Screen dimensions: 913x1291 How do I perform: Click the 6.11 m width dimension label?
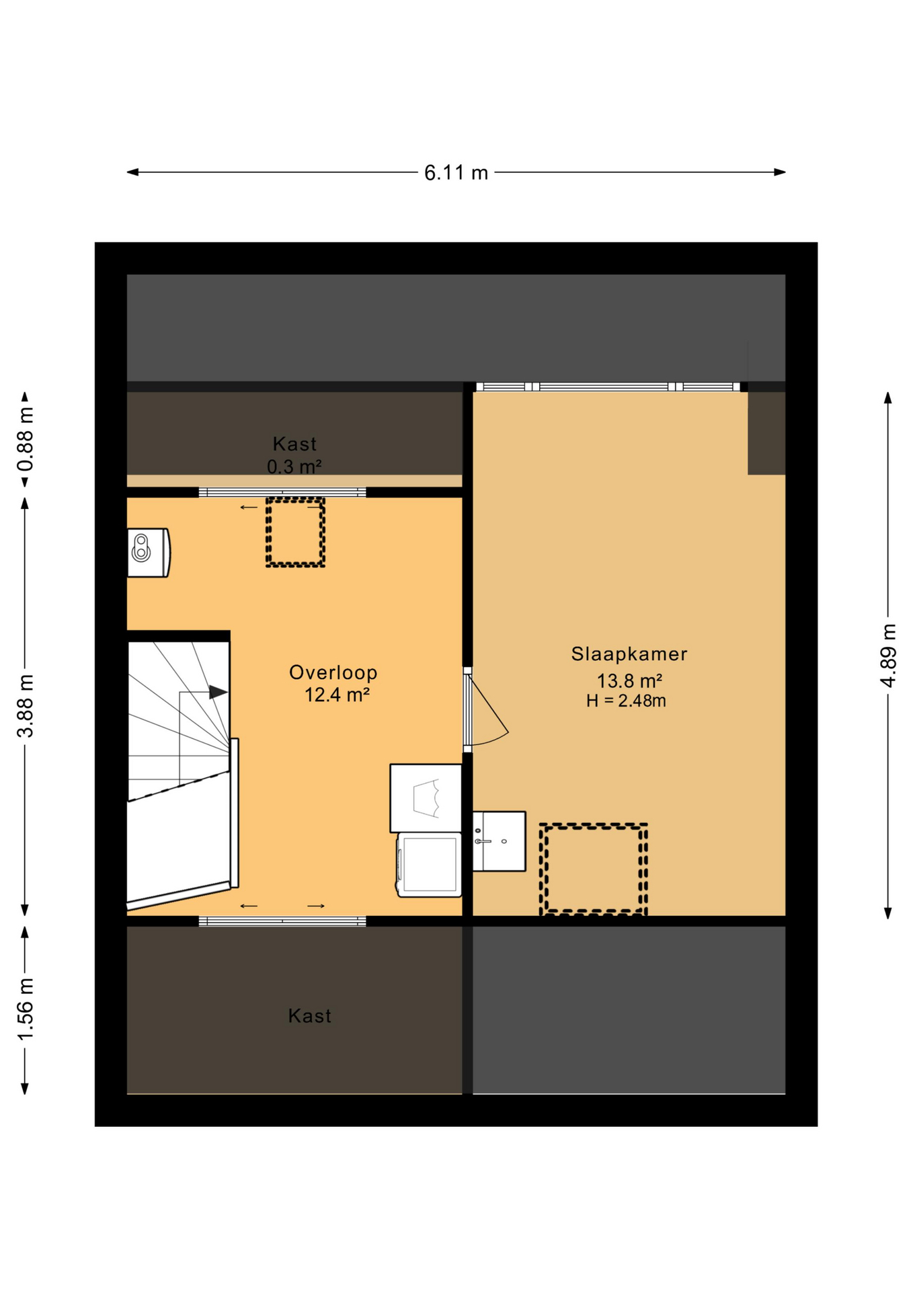pyautogui.click(x=456, y=173)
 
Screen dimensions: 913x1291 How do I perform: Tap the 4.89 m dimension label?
pyautogui.click(x=888, y=656)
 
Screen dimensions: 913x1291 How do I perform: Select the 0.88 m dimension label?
pyautogui.click(x=25, y=439)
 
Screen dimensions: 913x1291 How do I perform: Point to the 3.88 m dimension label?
pyautogui.click(x=25, y=705)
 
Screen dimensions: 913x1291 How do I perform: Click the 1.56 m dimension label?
pyautogui.click(x=25, y=1009)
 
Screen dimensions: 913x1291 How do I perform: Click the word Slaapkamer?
pyautogui.click(x=629, y=654)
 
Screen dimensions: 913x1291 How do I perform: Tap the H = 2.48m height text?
pyautogui.click(x=626, y=701)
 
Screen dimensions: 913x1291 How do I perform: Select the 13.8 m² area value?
pyautogui.click(x=629, y=680)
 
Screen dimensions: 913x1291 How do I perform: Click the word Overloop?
pyautogui.click(x=333, y=672)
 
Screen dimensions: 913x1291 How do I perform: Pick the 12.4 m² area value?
pyautogui.click(x=337, y=695)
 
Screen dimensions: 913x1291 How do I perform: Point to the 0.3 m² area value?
pyautogui.click(x=294, y=466)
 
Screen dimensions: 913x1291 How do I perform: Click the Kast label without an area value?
pyautogui.click(x=309, y=1015)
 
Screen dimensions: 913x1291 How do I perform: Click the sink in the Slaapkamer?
pyautogui.click(x=499, y=841)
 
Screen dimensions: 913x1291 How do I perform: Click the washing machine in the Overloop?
pyautogui.click(x=430, y=865)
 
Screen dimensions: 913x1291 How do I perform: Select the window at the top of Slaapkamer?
pyautogui.click(x=608, y=387)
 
